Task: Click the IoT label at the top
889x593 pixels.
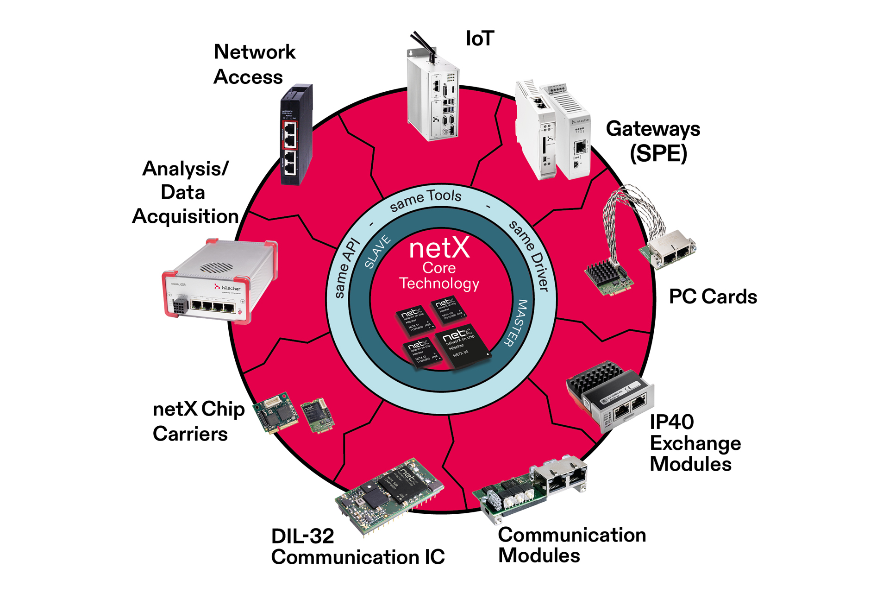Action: pos(480,38)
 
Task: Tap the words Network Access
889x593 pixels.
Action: pos(254,64)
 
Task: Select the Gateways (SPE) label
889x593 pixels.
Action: pos(653,141)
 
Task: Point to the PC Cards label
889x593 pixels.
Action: pos(713,296)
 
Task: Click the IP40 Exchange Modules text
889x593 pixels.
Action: pos(695,443)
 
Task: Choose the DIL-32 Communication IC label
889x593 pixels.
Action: pos(357,547)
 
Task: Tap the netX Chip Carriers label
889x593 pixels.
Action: pos(198,421)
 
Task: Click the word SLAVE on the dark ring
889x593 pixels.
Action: pos(377,252)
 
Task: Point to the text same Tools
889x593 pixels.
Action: pos(426,200)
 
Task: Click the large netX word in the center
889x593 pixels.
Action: pos(439,248)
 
